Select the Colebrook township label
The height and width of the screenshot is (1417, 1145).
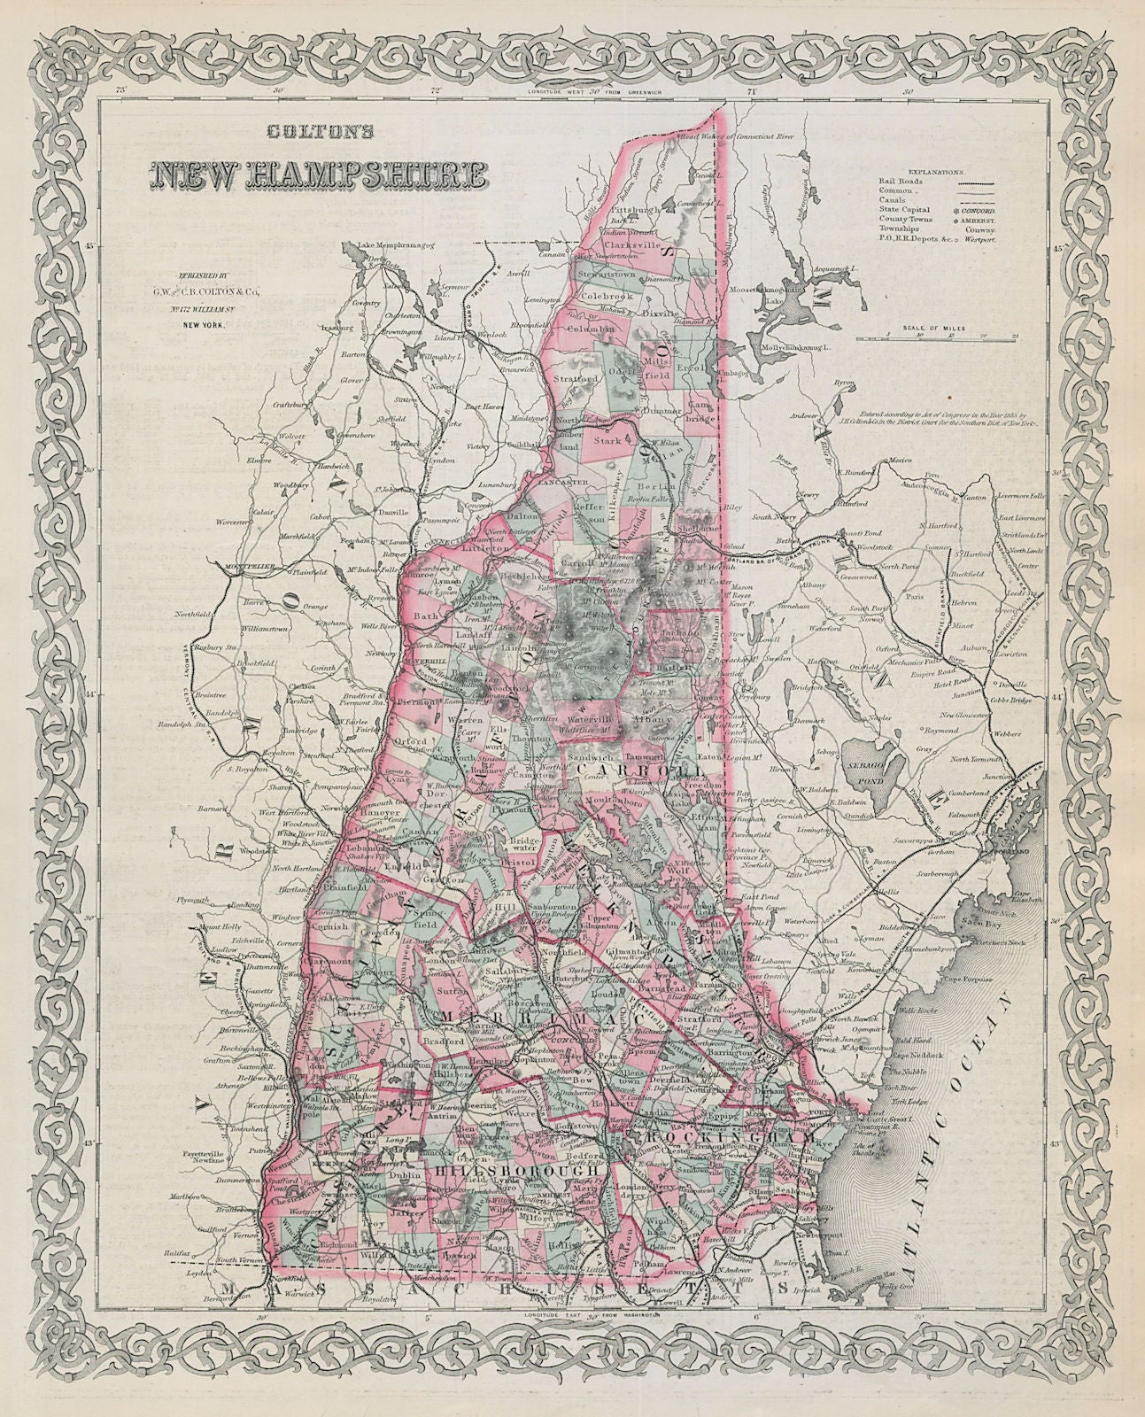coord(625,297)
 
